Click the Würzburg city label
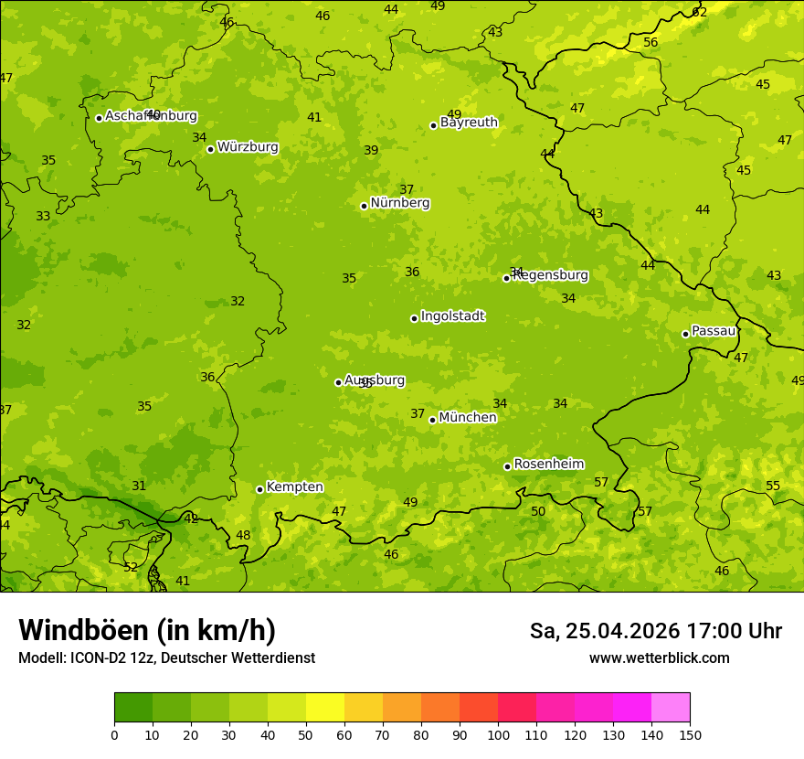[x=248, y=147]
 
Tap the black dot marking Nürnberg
[x=364, y=206]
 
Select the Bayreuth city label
[x=469, y=123]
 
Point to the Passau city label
[x=714, y=331]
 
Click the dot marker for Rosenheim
[x=507, y=466]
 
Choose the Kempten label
[x=294, y=487]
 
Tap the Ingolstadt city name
[x=452, y=316]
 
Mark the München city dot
[x=432, y=420]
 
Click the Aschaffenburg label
[x=151, y=116]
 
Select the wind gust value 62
[x=700, y=12]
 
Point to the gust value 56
[x=651, y=43]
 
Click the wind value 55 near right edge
[x=773, y=486]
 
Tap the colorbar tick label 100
[x=498, y=734]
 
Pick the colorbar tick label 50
[x=306, y=734]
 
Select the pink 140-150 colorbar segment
[x=671, y=708]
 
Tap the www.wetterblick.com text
[x=659, y=657]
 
